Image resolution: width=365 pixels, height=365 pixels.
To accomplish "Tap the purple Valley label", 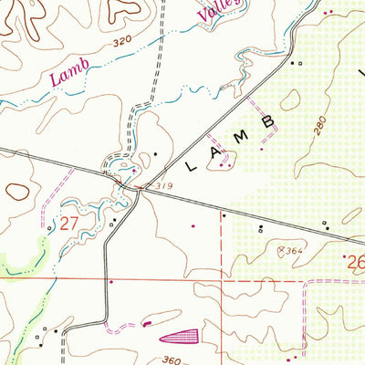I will click(x=217, y=10).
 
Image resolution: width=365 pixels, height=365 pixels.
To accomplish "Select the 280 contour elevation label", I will click(x=318, y=127).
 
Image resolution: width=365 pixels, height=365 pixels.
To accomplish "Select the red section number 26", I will click(x=357, y=266).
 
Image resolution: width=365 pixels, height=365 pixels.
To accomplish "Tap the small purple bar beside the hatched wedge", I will click(x=148, y=322).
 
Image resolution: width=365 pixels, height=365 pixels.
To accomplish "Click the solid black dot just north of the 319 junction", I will click(x=155, y=152).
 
